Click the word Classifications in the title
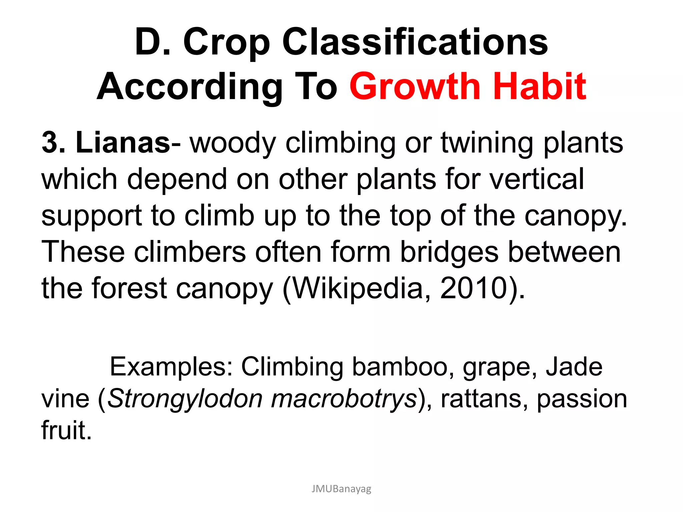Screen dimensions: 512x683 coord(415,42)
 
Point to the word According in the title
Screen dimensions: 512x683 coord(189,87)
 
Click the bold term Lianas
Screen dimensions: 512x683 coord(123,143)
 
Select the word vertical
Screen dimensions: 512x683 coord(537,179)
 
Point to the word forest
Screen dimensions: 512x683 coord(129,288)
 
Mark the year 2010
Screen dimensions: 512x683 coord(474,288)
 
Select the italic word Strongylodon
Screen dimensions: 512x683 coord(185,399)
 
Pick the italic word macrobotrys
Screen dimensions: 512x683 coord(344,399)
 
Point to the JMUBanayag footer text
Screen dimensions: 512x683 coord(341,489)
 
